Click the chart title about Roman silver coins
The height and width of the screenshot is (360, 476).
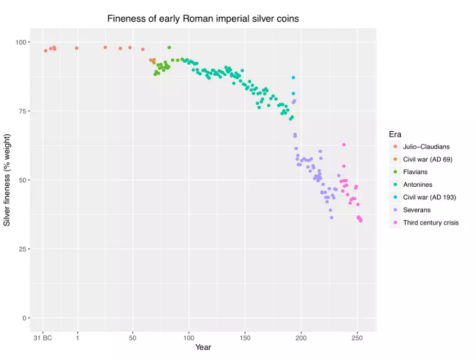click(x=203, y=19)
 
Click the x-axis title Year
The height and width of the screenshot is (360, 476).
click(x=203, y=347)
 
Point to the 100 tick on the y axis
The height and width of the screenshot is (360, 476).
click(x=23, y=42)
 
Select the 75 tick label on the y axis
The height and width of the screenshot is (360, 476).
click(x=24, y=111)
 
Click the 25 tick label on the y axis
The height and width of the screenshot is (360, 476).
click(x=24, y=249)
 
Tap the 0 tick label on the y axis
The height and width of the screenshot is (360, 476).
click(x=26, y=318)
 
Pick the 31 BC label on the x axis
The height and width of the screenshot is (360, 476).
click(x=42, y=337)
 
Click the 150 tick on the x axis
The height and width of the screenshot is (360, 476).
click(x=245, y=337)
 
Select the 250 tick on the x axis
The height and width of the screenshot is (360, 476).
click(x=357, y=337)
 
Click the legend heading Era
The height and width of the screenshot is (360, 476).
click(x=394, y=134)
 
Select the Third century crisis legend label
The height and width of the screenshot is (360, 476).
click(x=431, y=222)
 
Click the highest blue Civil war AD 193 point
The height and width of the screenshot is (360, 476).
click(x=293, y=78)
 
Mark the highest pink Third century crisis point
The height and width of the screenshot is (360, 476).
click(x=344, y=145)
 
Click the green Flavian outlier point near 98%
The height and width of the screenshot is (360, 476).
click(x=169, y=47)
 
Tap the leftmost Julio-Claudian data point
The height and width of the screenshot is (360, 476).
click(x=46, y=51)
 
